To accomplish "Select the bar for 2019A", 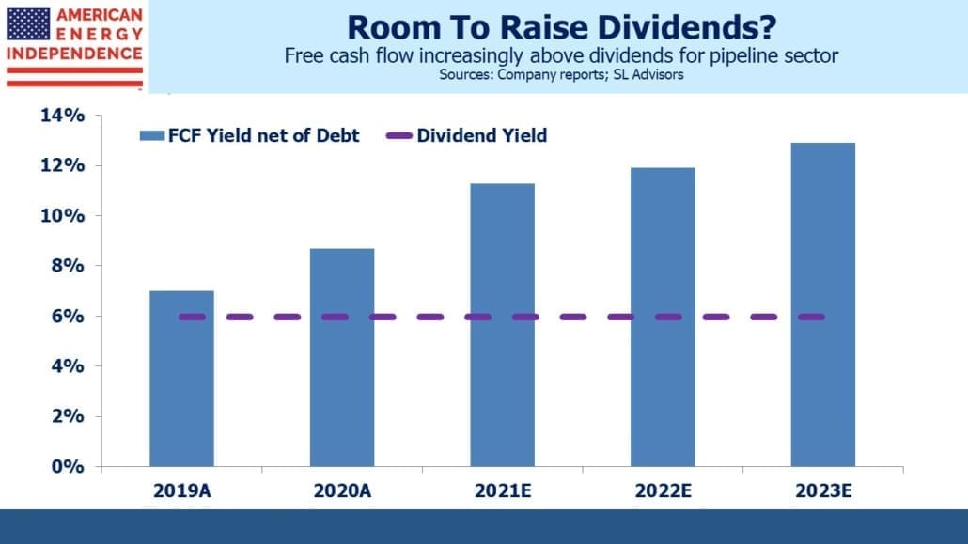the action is [181, 379].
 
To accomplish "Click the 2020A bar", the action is [342, 358].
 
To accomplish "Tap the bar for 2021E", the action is [503, 325].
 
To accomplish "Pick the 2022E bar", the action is [663, 317].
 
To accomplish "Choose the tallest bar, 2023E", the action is [823, 304].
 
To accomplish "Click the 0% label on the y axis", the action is [68, 466].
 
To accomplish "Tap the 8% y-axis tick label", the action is [68, 266].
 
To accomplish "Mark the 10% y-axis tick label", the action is [62, 215].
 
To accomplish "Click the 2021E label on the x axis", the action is [503, 490].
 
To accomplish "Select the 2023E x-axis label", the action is [823, 490].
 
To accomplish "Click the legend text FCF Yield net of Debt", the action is [263, 135].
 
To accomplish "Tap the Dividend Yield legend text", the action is [481, 135].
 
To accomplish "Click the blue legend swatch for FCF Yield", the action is [152, 136].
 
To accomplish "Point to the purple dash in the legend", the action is [398, 136].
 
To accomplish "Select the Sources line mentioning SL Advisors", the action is [561, 75].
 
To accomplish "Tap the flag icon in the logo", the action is [28, 24].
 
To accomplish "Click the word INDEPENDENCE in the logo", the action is [74, 54].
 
